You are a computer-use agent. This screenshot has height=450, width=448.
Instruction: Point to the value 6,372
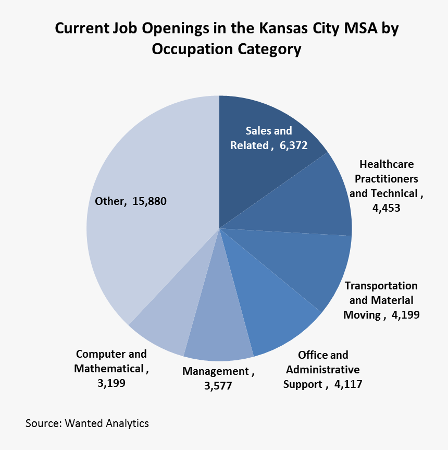293,145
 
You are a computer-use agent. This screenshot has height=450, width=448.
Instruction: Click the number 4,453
386,208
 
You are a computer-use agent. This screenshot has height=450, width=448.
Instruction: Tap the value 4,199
404,315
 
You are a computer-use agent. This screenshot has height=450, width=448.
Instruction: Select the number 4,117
347,384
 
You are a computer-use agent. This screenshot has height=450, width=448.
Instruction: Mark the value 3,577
217,386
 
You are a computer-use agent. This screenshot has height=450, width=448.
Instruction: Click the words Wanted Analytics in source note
107,423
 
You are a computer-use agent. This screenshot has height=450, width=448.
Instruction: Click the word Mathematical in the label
108,369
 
